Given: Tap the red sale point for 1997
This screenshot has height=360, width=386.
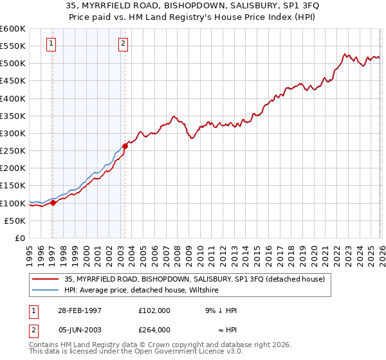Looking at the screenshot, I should click(x=53, y=202).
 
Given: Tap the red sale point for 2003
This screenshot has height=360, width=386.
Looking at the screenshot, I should click(x=125, y=146).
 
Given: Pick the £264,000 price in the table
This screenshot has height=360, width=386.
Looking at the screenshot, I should click(x=154, y=329).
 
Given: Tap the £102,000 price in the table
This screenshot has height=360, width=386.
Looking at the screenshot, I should click(x=154, y=310).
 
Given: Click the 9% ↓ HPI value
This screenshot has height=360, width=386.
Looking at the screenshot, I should click(x=221, y=310).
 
